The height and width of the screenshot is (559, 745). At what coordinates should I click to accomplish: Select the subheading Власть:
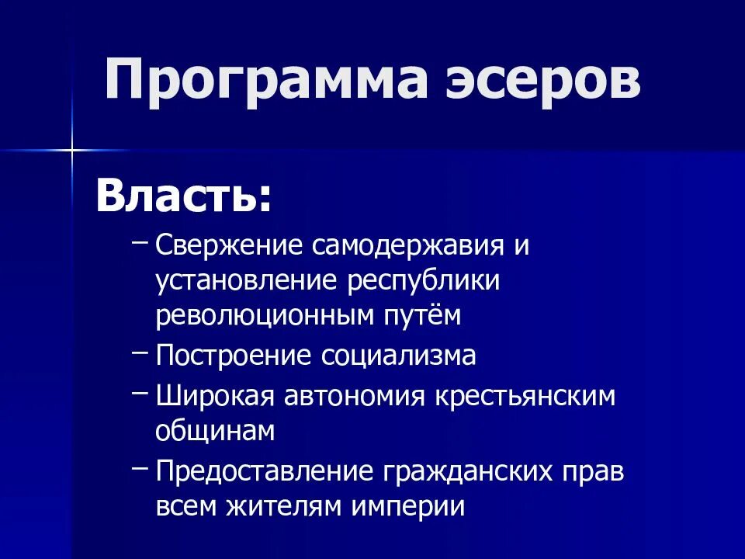(184, 197)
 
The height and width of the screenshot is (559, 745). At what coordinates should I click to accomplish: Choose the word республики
(423, 281)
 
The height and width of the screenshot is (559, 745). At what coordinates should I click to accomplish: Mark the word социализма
(399, 356)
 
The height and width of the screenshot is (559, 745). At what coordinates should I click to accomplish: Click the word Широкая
(215, 396)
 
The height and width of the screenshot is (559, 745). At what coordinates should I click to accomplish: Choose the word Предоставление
(261, 471)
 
